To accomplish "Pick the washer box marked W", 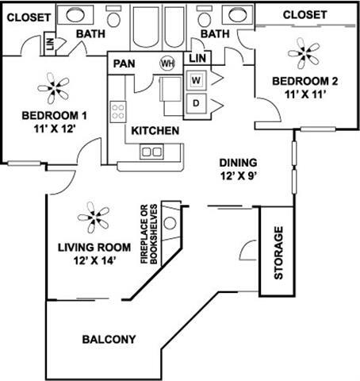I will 196,80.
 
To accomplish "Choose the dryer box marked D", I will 196,103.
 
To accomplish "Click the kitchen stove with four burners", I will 119,109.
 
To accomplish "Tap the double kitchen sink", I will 151,150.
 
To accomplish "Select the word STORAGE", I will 278,254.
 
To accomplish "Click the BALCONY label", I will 109,339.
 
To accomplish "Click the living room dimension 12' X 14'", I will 87,260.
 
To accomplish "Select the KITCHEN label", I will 155,130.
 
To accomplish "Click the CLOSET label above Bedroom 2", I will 304,14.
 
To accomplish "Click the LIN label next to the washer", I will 198,58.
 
